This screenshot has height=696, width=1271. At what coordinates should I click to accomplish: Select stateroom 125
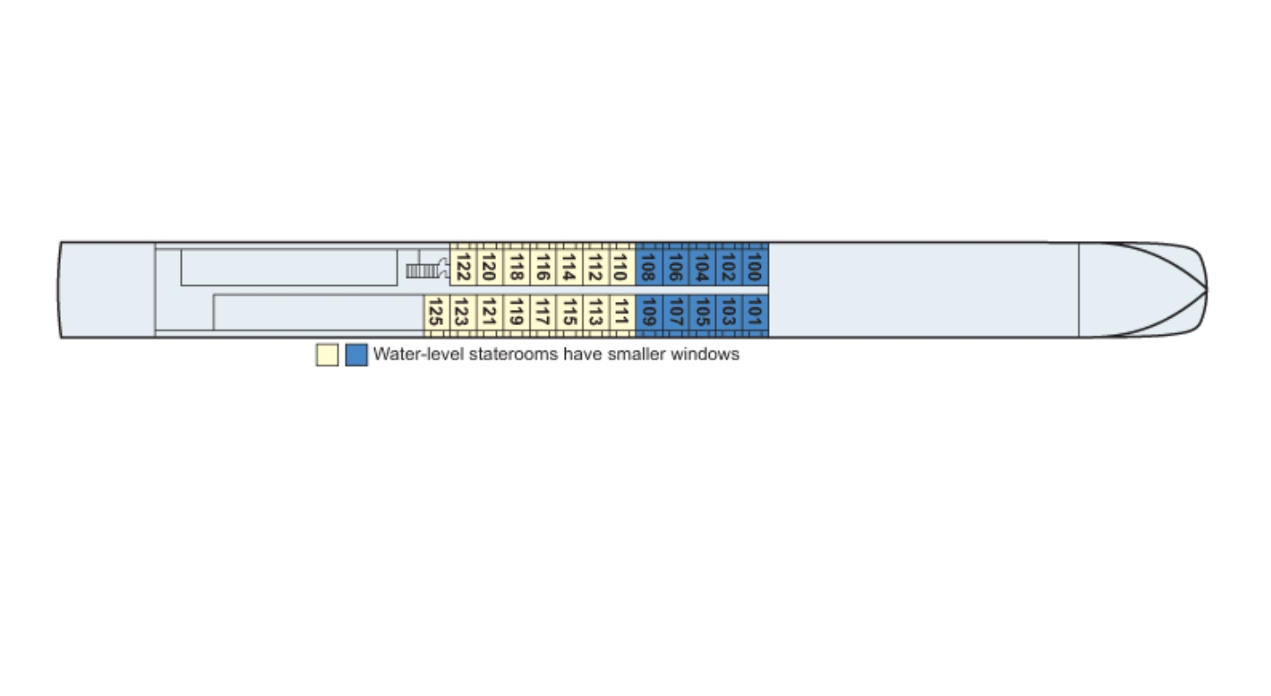coord(434,313)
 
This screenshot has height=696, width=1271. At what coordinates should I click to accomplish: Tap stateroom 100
coord(755,266)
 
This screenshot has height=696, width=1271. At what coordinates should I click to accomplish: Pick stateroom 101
coord(755,313)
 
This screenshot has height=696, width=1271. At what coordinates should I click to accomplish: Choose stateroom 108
coord(648,266)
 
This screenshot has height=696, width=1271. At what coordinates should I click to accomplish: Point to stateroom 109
coord(648,313)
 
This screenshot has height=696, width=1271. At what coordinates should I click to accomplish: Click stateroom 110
coord(621,266)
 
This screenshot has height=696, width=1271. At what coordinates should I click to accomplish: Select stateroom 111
coord(621,313)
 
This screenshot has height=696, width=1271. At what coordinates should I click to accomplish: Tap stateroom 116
coord(543,266)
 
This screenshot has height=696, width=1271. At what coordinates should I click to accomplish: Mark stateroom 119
coord(516,313)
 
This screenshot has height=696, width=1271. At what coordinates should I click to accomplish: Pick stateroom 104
coord(702,266)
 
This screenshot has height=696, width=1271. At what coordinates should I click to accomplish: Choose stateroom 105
coord(702,313)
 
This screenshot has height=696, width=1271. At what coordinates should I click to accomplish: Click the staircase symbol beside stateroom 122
coord(425,269)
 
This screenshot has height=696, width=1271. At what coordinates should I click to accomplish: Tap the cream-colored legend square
coord(327,355)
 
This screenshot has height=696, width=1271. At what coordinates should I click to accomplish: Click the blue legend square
coord(357,355)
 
